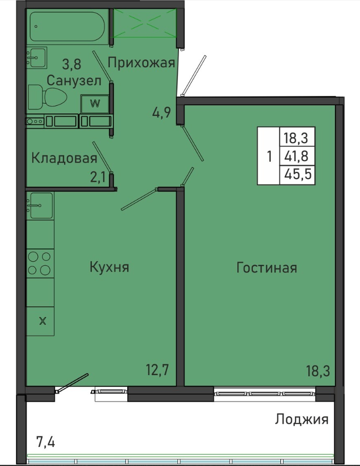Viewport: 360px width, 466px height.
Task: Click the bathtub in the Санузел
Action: (67, 27)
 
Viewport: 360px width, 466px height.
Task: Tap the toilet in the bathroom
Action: (47, 97)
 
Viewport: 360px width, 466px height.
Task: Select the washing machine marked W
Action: (95, 104)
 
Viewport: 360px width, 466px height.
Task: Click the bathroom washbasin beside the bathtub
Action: (36, 57)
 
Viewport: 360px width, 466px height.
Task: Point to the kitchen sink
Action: (40, 205)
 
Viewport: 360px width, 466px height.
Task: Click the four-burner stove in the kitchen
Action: (40, 263)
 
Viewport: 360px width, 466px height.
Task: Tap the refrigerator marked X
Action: (40, 321)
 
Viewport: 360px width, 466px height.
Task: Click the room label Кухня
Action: (109, 267)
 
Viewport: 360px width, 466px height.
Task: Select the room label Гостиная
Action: (267, 267)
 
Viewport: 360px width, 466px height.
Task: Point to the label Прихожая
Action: (141, 63)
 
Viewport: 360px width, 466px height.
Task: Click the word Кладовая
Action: (64, 158)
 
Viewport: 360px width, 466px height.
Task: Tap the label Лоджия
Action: (302, 419)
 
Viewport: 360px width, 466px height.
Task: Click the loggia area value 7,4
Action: (46, 441)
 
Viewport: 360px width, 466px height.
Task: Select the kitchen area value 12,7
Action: (157, 370)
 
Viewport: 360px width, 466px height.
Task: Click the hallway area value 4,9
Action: (162, 112)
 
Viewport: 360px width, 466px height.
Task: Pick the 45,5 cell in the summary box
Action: (297, 174)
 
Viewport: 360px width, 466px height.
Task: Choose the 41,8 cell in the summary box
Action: (297, 156)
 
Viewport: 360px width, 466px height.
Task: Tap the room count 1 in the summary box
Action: (269, 156)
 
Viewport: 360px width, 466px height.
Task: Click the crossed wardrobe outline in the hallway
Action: (145, 23)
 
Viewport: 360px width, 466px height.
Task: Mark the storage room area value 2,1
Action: (98, 178)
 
